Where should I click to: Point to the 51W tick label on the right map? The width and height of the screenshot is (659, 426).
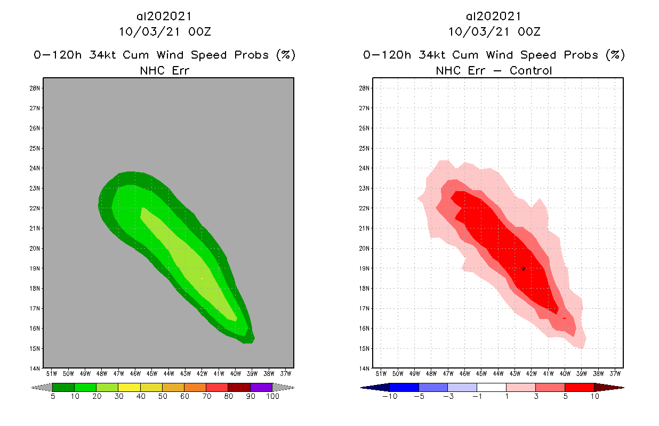tap(381, 373)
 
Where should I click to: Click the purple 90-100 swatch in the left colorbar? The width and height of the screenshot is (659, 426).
tap(261, 387)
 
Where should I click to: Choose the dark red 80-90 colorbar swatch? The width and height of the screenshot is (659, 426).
tap(239, 387)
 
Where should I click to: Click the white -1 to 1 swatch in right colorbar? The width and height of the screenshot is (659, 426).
tap(492, 387)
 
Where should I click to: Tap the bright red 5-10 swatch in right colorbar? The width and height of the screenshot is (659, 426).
tap(579, 387)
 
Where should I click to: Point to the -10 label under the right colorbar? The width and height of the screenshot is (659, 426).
tap(389, 397)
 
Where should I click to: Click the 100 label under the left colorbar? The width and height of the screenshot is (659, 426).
tap(272, 397)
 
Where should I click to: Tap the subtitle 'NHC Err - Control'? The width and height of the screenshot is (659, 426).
tap(494, 70)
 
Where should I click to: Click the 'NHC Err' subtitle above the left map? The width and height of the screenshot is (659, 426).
tap(164, 70)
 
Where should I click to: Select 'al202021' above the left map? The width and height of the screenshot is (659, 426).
tap(164, 17)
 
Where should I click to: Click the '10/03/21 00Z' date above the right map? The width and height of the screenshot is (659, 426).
tap(494, 31)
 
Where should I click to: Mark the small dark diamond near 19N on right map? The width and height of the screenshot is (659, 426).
tap(524, 268)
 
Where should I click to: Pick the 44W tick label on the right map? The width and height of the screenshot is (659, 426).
tap(498, 373)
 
